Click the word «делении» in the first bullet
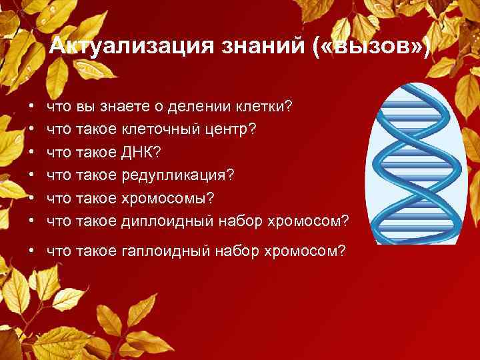(205, 107)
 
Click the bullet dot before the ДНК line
(31, 153)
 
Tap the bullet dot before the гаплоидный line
(31, 252)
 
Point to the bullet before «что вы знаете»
(31, 107)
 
